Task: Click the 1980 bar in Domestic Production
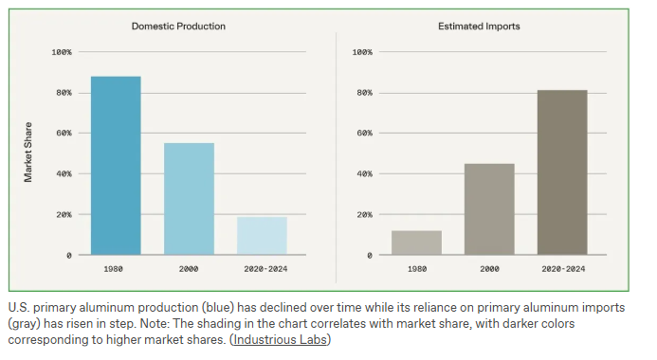pyautogui.click(x=116, y=166)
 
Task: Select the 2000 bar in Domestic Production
pyautogui.click(x=189, y=199)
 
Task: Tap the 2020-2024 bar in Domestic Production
pyautogui.click(x=262, y=236)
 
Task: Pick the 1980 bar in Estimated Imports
pyautogui.click(x=416, y=243)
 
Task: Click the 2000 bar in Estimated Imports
pyautogui.click(x=489, y=209)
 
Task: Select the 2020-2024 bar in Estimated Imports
pyautogui.click(x=562, y=172)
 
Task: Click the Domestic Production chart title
pyautogui.click(x=178, y=27)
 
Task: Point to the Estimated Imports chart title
pyautogui.click(x=479, y=27)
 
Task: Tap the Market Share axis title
pyautogui.click(x=28, y=153)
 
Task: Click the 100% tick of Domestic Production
pyautogui.click(x=62, y=52)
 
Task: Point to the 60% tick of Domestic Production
pyautogui.click(x=64, y=134)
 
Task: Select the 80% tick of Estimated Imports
pyautogui.click(x=365, y=93)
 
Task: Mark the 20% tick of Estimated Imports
pyautogui.click(x=365, y=215)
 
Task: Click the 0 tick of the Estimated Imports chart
pyautogui.click(x=370, y=256)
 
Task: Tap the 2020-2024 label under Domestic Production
pyautogui.click(x=265, y=269)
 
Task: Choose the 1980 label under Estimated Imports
pyautogui.click(x=417, y=269)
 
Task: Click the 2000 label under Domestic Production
pyautogui.click(x=189, y=269)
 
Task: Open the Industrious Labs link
pyautogui.click(x=280, y=339)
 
